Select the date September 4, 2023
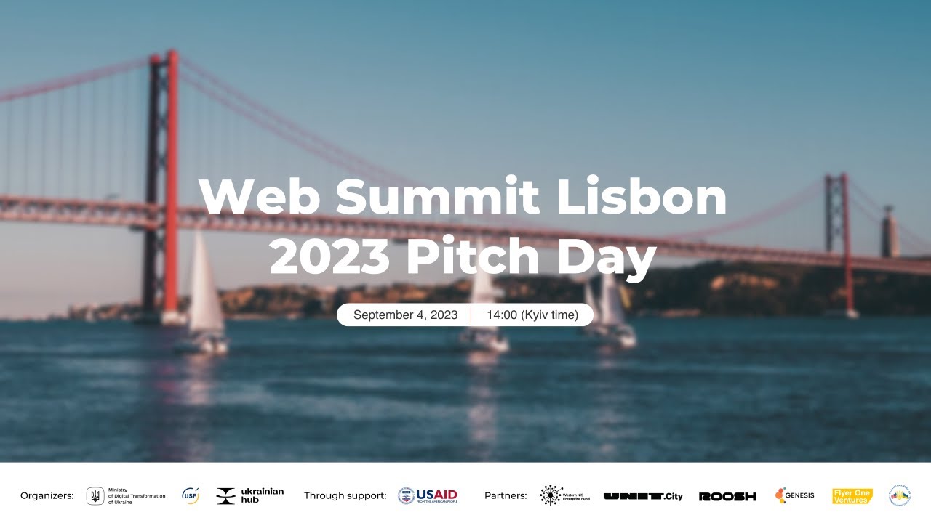(x=405, y=315)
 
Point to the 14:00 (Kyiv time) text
(x=532, y=315)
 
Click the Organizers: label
(x=47, y=496)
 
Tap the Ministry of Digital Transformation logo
(x=126, y=496)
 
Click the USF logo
(x=191, y=496)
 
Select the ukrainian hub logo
(x=249, y=496)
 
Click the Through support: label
(x=345, y=496)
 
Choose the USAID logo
(x=428, y=496)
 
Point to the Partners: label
(x=506, y=496)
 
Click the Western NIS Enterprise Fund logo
(x=565, y=496)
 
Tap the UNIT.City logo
(x=643, y=497)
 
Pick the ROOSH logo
(x=727, y=497)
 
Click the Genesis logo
(x=794, y=496)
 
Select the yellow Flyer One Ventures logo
(x=852, y=496)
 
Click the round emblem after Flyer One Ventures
(x=900, y=496)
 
